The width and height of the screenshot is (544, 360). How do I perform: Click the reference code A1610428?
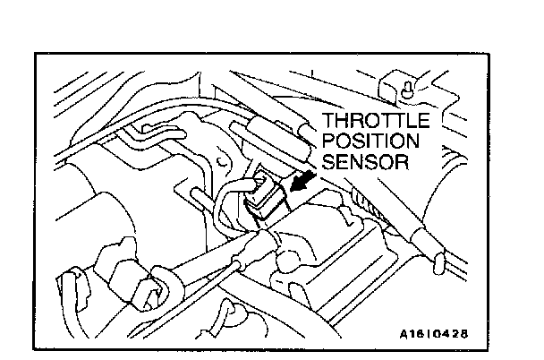[433, 334]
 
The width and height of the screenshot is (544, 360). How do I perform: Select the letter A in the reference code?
[404, 334]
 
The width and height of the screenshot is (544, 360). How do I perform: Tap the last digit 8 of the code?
[463, 334]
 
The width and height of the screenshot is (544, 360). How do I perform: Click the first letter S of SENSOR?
[327, 164]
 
